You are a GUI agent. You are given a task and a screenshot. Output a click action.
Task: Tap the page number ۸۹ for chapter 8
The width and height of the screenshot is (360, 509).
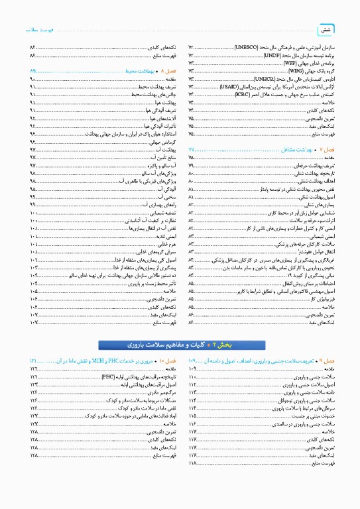[x=33, y=70]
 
